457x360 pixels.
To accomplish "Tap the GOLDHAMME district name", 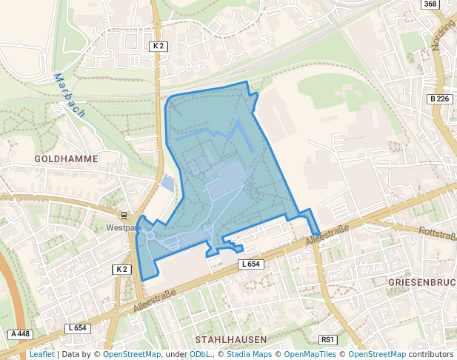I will [66, 159].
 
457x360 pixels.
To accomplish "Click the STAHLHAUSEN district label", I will [230, 339].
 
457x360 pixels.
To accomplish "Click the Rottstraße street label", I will [437, 233].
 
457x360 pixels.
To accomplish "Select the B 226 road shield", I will [439, 99].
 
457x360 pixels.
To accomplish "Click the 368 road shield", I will [430, 4].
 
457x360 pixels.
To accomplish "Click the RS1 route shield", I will [327, 340].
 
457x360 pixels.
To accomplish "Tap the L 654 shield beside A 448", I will [77, 328].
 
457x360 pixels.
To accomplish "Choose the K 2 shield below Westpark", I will [122, 269].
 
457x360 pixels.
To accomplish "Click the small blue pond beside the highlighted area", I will [167, 184].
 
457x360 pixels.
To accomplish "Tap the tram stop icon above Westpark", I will [124, 216].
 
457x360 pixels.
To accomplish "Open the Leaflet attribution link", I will [41, 354].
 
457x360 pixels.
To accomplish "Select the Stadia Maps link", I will [249, 354].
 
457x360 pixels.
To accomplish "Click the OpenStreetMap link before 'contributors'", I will [377, 354].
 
